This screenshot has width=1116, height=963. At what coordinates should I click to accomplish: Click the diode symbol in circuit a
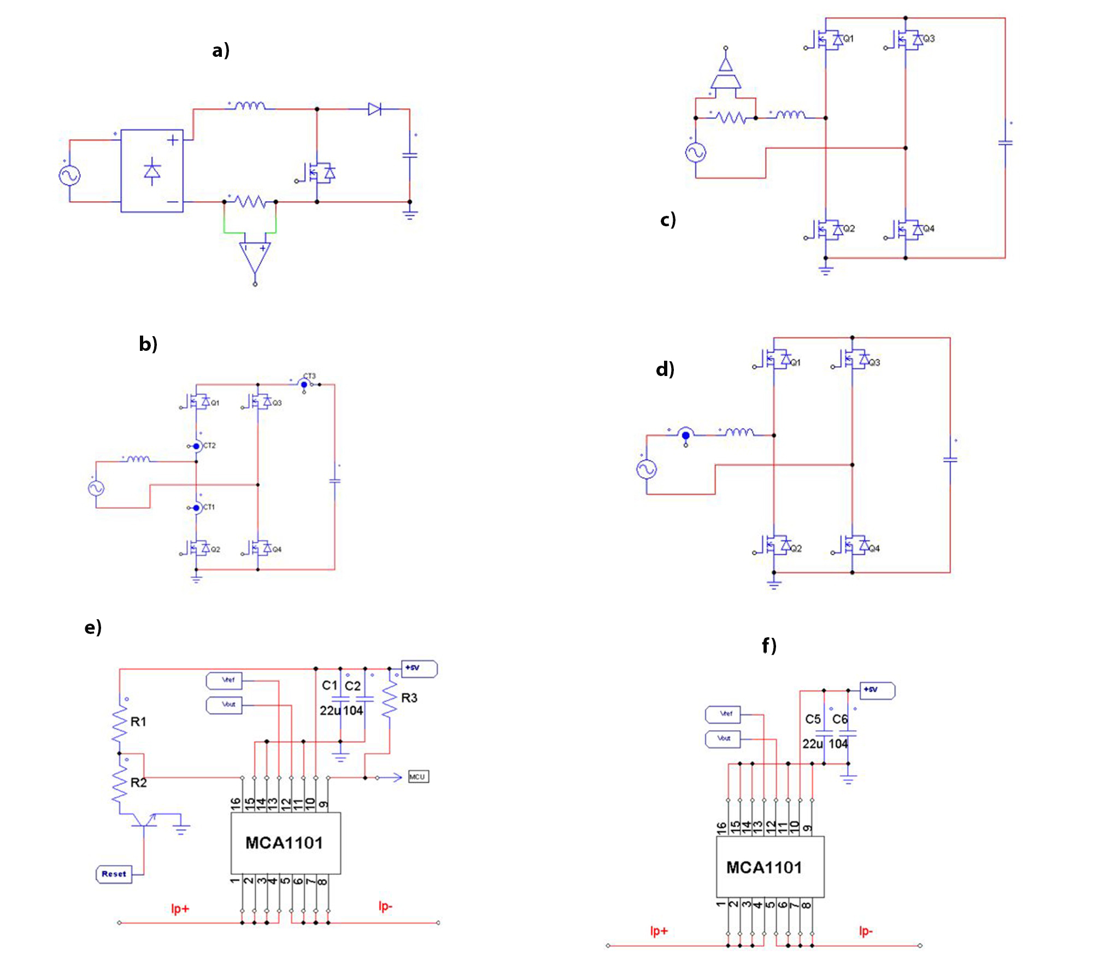(374, 109)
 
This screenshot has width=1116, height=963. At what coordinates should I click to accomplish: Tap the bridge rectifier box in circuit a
(152, 171)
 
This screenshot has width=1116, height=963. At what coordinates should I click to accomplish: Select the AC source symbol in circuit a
(69, 175)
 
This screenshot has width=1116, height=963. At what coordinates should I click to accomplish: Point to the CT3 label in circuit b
(309, 376)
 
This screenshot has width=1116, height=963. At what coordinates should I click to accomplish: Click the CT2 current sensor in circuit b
(197, 446)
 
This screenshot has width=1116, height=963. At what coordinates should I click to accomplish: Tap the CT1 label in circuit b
(209, 507)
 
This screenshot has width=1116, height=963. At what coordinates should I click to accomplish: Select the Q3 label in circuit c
(929, 39)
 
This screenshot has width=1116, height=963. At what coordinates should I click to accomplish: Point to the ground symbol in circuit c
(825, 270)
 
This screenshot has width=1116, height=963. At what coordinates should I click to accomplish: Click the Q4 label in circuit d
(874, 549)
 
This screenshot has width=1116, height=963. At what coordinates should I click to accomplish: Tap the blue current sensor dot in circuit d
(685, 436)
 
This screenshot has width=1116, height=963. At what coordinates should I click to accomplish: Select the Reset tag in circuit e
(114, 874)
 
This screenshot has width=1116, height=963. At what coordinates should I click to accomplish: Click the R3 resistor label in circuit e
(409, 698)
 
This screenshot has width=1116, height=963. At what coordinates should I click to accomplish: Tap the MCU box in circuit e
(418, 777)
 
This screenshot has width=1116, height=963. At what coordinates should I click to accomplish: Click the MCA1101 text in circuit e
(284, 843)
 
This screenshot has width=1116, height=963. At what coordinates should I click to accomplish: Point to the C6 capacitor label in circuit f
(839, 719)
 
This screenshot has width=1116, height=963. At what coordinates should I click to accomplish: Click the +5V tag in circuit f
(877, 690)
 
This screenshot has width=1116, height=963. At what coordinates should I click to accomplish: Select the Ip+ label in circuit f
(659, 931)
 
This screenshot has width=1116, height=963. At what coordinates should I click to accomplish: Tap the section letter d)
(665, 369)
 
